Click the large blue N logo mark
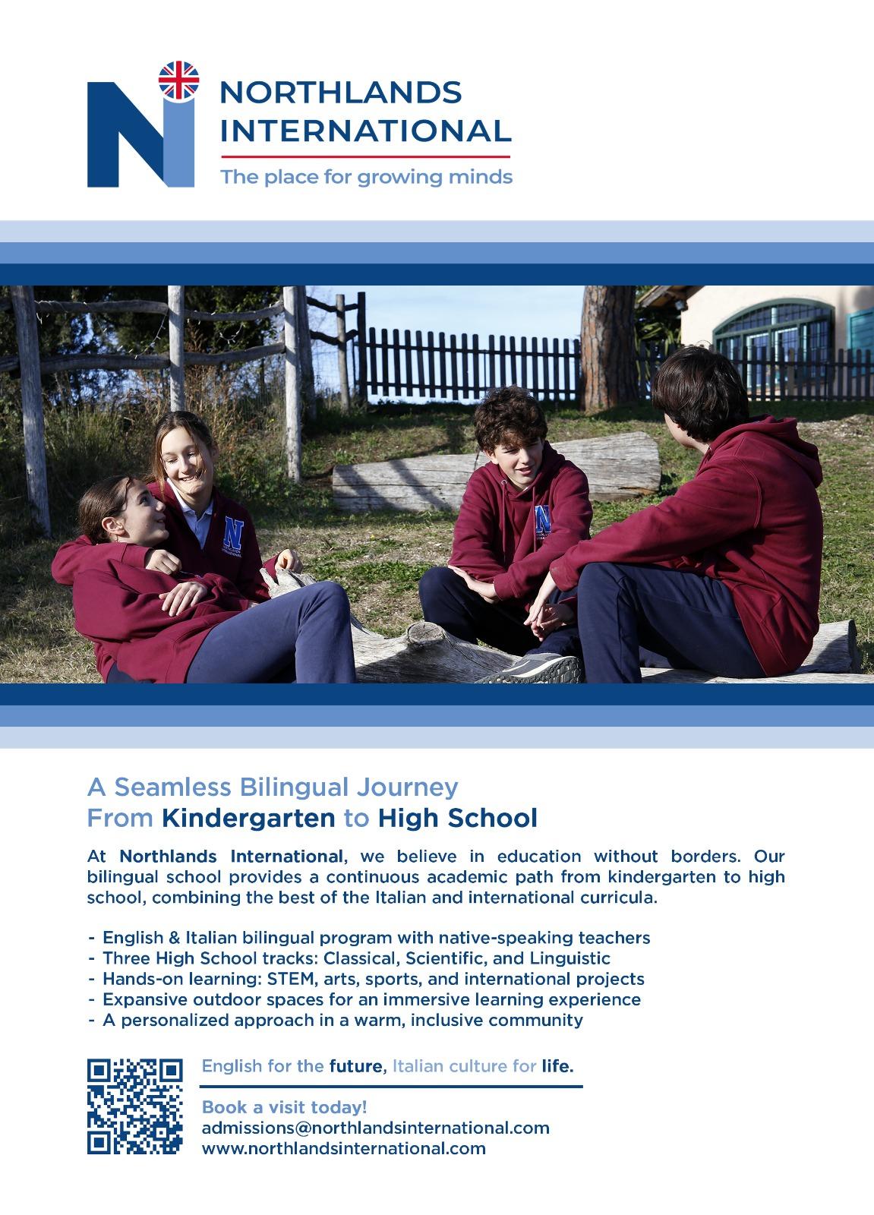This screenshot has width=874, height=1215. click(137, 137)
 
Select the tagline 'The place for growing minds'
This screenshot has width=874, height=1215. click(366, 178)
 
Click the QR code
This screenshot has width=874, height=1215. click(135, 1106)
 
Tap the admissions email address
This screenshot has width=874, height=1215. click(375, 1128)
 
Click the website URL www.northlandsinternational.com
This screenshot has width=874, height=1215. click(343, 1148)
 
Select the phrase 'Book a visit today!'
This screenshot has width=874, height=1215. click(284, 1107)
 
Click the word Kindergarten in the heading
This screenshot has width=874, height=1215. click(248, 818)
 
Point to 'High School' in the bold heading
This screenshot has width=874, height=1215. click(457, 818)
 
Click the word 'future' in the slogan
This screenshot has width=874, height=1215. click(355, 1066)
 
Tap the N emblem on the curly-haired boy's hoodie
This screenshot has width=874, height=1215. click(542, 520)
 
